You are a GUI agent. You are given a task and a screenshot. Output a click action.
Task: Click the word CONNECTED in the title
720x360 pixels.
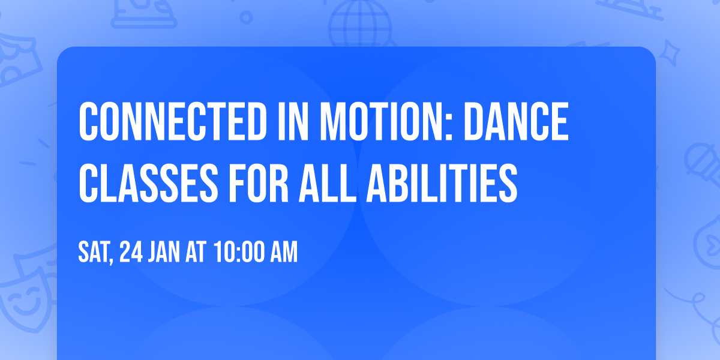(173, 121)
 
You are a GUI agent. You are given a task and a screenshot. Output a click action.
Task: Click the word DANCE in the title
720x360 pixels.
(516, 121)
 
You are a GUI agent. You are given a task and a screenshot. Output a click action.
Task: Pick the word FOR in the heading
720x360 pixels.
(259, 183)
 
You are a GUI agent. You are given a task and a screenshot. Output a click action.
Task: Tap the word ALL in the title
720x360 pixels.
(328, 183)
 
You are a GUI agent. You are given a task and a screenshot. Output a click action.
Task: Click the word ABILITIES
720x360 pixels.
(442, 183)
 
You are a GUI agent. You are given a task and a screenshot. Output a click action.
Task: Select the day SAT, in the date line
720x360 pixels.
(96, 253)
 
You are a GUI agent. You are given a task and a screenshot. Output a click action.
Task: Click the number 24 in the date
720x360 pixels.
(131, 252)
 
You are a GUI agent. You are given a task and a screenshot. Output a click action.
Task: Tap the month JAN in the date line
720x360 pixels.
(164, 252)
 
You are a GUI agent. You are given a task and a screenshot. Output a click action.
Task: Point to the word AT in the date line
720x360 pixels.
(196, 252)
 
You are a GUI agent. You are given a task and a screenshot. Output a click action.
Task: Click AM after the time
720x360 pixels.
(284, 252)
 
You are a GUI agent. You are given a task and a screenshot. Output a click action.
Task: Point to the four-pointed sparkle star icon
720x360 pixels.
(669, 53)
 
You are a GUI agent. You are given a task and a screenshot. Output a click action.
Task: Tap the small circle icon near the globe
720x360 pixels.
(246, 17)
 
